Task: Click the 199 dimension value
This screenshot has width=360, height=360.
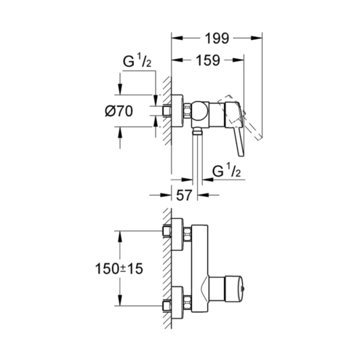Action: point(217,38)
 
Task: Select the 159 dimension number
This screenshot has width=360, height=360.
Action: point(208,60)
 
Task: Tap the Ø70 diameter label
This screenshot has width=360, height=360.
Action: point(119,111)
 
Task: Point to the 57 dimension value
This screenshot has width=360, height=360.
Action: point(184,195)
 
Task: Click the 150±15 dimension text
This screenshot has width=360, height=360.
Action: point(119,268)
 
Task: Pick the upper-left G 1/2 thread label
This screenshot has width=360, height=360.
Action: point(137,62)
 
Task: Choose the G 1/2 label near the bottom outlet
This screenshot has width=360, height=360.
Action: point(226,171)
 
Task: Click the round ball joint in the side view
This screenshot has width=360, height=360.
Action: point(200,111)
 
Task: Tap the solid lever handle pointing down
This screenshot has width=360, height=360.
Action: point(236,129)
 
